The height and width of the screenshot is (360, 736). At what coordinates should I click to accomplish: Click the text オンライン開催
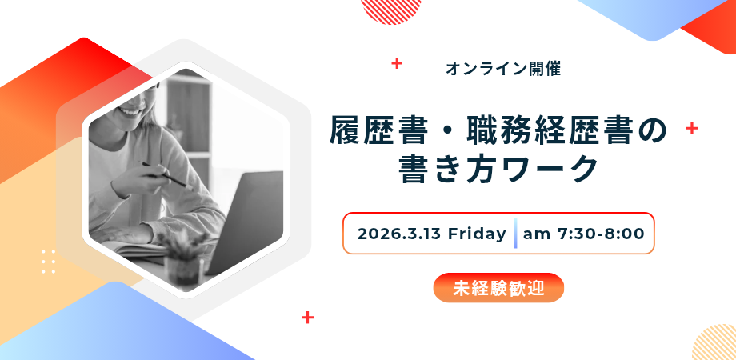tap(503, 70)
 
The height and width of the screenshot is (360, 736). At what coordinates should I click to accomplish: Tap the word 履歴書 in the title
tap(367, 132)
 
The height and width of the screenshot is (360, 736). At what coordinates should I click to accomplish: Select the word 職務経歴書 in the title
tap(549, 132)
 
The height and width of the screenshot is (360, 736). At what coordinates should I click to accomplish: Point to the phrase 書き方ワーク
tap(498, 170)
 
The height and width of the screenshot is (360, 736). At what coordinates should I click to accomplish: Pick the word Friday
tap(477, 234)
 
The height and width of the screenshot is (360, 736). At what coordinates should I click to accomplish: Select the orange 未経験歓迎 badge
tap(498, 288)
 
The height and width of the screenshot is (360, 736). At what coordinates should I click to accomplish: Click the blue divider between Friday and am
tap(515, 234)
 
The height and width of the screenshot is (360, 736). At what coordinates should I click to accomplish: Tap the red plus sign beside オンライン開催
tap(397, 63)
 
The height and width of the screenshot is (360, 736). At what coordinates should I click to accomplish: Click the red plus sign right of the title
tap(692, 128)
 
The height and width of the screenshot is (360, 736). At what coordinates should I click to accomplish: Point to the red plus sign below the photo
tap(307, 318)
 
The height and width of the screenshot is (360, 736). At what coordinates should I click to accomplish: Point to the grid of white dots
tap(48, 262)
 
